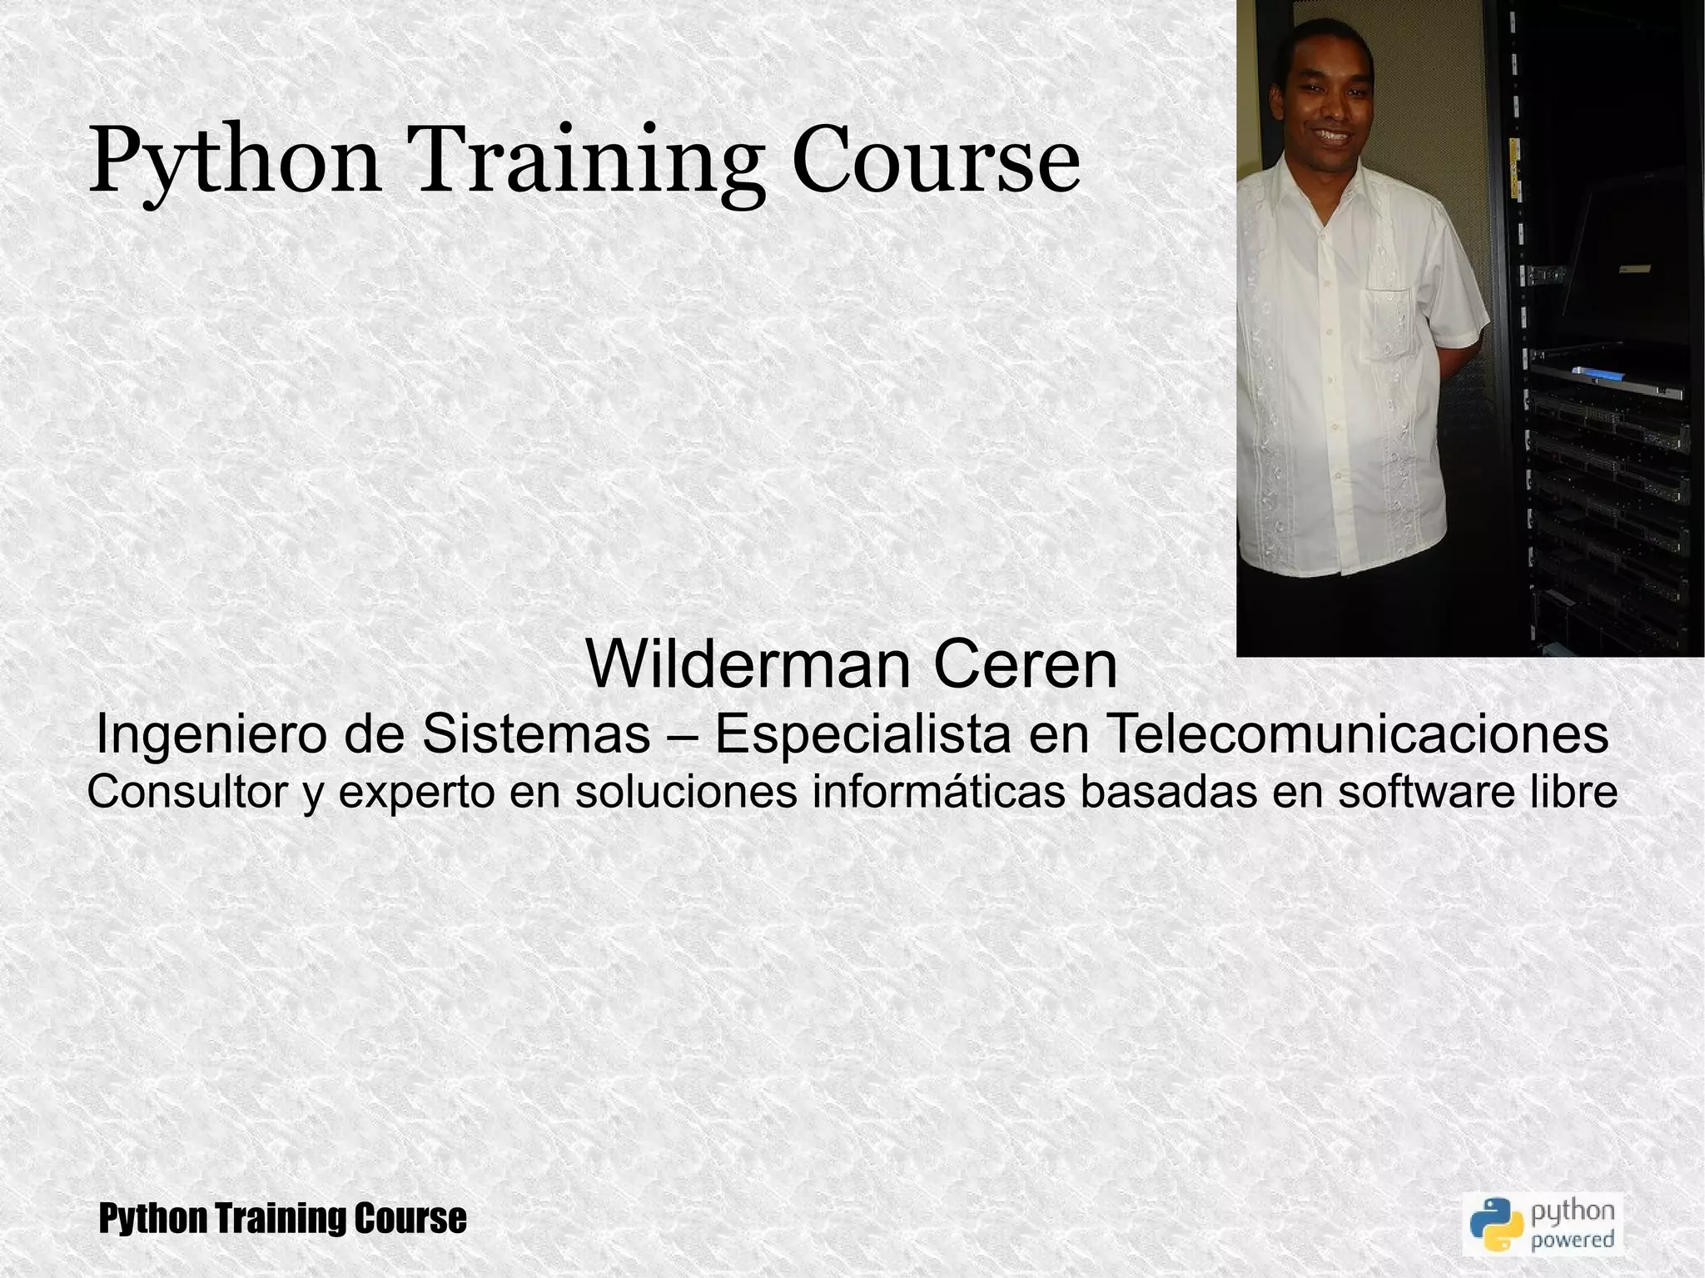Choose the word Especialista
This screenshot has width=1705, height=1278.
pyautogui.click(x=862, y=735)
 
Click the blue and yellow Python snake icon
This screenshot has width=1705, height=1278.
pyautogui.click(x=1495, y=1224)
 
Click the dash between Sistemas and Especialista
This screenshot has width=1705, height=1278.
pyautogui.click(x=682, y=735)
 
